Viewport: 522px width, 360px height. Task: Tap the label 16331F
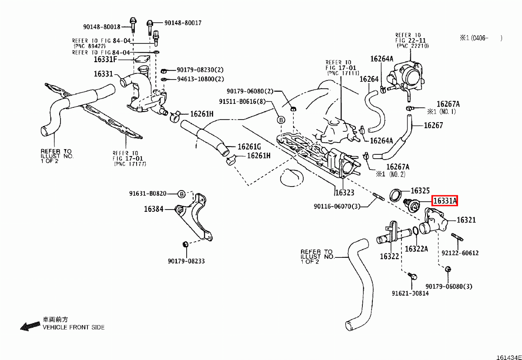106,60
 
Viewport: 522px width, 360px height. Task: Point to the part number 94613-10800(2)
200,79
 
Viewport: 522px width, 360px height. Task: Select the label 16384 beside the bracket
154,209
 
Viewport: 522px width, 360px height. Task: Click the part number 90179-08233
186,261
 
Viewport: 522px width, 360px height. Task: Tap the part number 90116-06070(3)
338,207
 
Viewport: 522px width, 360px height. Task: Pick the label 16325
420,190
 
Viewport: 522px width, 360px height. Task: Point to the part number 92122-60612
460,253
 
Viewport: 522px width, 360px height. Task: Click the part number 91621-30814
410,293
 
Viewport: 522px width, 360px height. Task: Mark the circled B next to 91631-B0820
182,193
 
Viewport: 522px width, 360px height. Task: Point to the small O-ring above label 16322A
415,230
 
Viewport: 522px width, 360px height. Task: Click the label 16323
345,192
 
